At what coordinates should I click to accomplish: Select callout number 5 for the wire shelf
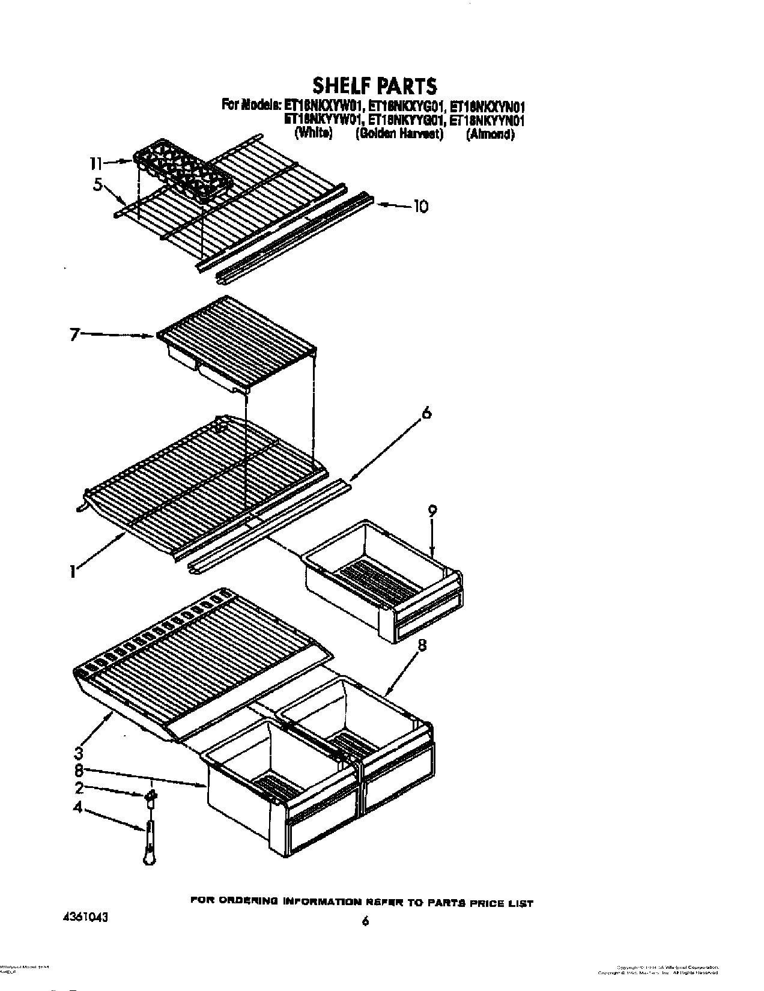coord(97,185)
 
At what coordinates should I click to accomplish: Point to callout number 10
coord(420,207)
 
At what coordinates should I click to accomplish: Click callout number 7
coord(73,335)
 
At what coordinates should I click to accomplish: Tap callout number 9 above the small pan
coord(432,511)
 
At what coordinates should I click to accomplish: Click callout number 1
coord(73,573)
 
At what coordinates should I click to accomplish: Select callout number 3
coord(79,752)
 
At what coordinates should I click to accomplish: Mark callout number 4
coord(78,809)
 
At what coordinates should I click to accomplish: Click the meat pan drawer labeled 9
coord(384,577)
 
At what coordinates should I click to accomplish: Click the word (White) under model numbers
coord(314,135)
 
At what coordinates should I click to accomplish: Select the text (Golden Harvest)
coord(399,135)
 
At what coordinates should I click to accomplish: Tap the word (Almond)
coord(491,135)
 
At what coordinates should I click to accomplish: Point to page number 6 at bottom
coord(364,921)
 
